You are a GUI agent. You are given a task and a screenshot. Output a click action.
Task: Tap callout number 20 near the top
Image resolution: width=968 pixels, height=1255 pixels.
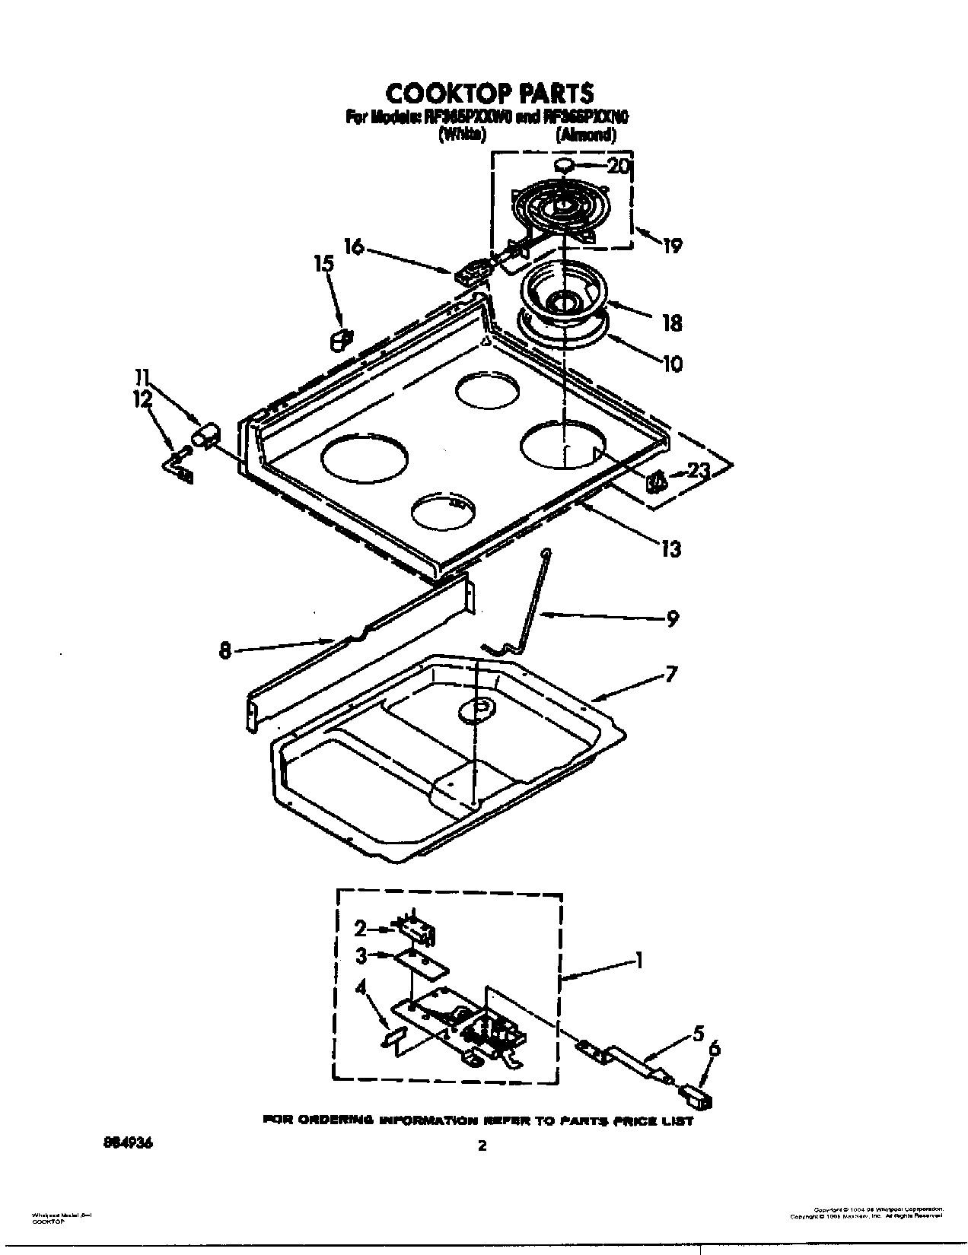(618, 165)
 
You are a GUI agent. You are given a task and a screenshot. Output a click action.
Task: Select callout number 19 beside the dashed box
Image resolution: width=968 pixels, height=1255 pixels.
(671, 245)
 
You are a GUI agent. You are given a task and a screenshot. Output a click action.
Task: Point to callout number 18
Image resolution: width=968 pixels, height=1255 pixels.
(671, 322)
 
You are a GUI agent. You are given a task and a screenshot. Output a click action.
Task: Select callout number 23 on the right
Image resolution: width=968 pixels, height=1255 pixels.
(698, 472)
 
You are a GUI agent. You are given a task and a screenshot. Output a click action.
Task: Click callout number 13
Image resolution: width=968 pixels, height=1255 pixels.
(671, 548)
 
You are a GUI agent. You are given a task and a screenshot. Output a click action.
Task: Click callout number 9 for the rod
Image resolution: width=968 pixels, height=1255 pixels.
(671, 619)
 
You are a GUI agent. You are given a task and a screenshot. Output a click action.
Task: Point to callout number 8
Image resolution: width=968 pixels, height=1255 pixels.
(225, 651)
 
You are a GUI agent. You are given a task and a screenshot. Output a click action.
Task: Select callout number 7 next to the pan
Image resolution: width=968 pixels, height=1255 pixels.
(670, 674)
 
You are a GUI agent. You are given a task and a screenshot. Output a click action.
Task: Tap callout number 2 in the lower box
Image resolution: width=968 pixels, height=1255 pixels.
(360, 929)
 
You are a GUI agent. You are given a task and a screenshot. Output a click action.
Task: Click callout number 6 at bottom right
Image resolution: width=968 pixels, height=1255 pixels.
(713, 1050)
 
